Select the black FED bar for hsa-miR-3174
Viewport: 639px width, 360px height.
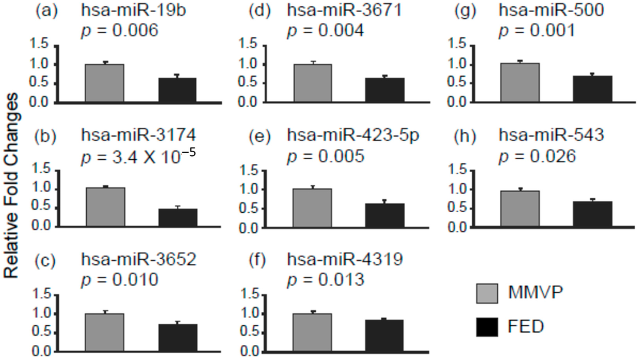tap(178, 218)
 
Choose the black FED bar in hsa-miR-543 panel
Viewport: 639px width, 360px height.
tap(593, 214)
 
